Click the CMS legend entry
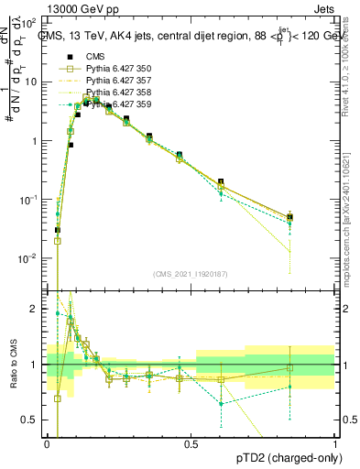92,56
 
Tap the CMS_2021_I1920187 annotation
191,274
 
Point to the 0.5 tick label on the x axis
191,443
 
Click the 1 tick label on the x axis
335,443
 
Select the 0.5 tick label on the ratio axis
30,420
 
